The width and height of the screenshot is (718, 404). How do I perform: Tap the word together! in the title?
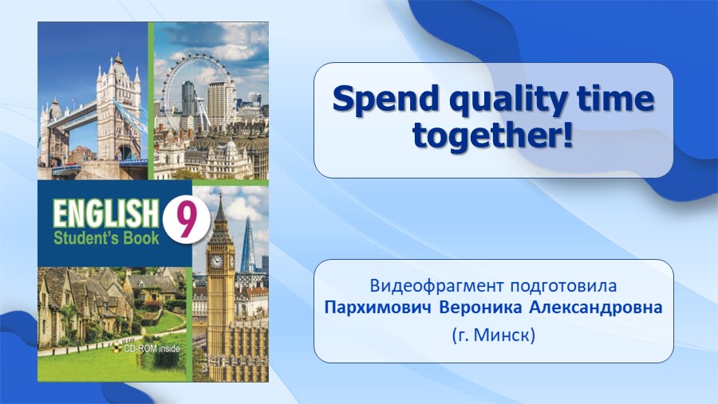(493, 135)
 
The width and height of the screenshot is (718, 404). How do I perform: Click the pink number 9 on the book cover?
(186, 220)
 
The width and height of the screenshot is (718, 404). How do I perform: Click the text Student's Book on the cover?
(106, 238)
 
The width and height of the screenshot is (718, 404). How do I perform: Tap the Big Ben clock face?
(215, 261)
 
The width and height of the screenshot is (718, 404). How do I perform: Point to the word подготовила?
(564, 286)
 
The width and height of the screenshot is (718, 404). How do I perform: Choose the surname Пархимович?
(378, 308)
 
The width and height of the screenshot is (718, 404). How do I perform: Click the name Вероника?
(480, 308)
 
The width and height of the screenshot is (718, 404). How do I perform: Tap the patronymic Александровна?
(596, 308)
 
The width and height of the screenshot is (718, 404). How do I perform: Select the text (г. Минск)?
(494, 335)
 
